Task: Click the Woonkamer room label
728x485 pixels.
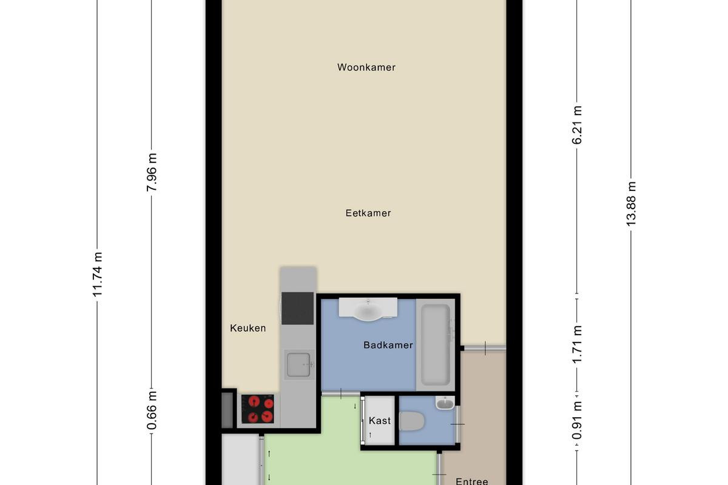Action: pos(366,67)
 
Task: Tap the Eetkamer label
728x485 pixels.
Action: pos(368,213)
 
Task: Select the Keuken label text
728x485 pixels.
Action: pos(248,328)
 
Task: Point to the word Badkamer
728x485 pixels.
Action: pos(388,345)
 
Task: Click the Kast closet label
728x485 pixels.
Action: pos(380,421)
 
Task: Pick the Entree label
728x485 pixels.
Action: pos(472,481)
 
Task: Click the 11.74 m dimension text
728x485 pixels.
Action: pos(98,274)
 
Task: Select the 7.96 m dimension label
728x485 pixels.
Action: pos(152,173)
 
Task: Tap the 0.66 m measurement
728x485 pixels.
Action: pos(152,410)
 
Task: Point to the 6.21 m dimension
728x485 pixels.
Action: pos(577,125)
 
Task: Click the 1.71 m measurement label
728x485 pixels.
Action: pos(577,344)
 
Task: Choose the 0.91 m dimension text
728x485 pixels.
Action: pos(577,420)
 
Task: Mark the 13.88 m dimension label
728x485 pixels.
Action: pos(631,204)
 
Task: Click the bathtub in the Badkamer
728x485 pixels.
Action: pos(436,345)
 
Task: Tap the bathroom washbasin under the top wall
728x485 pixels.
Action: pos(368,309)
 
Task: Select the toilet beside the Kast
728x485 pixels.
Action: pos(412,421)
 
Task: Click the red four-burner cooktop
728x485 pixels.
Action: pos(258,409)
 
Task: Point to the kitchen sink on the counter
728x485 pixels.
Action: pos(299,365)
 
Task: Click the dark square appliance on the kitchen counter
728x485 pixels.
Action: pos(297,309)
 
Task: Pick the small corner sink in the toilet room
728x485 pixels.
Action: pos(445,403)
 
